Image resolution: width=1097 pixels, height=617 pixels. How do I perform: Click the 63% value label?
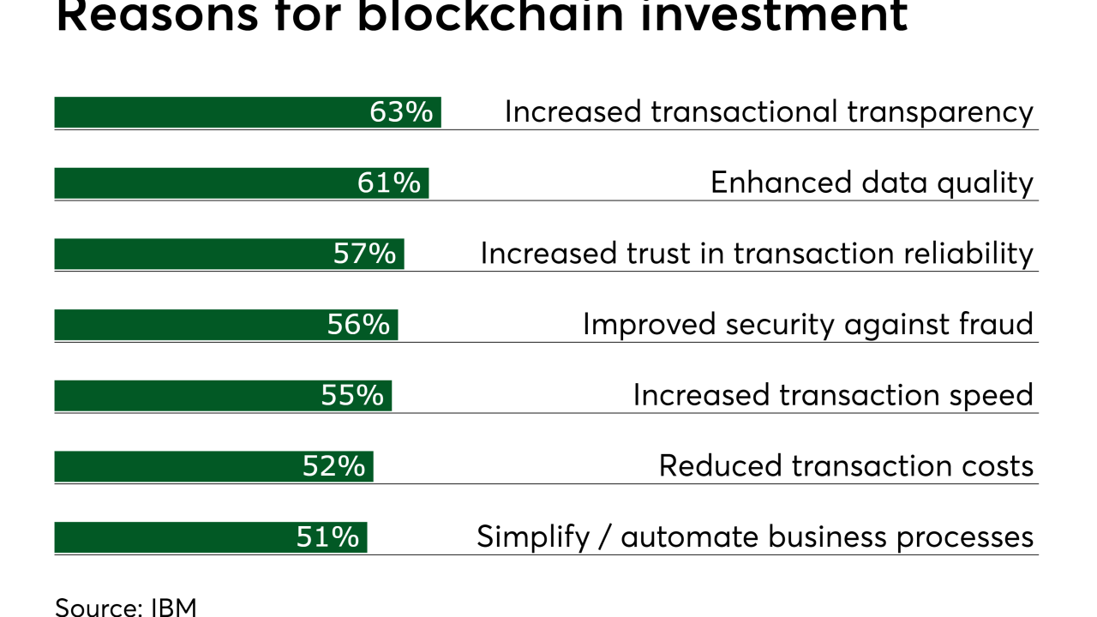point(401,112)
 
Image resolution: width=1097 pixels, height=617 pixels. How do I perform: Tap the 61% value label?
point(389,183)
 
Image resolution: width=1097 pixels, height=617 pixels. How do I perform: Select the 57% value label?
point(365,254)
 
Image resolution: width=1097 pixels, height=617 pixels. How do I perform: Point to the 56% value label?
point(358,325)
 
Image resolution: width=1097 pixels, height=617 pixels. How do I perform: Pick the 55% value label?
point(352,395)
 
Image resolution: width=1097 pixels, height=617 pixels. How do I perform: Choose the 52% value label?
point(333,466)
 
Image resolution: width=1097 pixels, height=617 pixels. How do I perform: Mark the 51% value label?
point(327,537)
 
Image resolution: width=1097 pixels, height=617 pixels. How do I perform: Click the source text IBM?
point(174,607)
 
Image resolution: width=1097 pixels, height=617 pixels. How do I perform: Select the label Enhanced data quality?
point(872,183)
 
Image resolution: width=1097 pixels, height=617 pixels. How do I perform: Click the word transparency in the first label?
point(940,112)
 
